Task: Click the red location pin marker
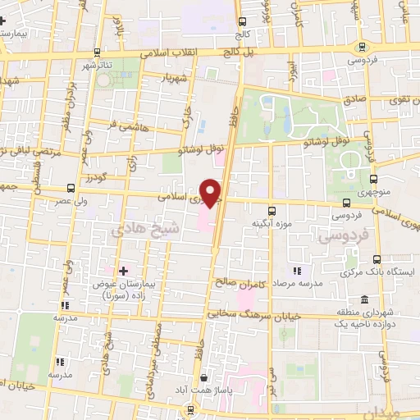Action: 212,194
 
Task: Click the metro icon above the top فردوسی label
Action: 362,47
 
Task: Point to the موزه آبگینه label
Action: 269,223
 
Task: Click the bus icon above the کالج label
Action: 242,23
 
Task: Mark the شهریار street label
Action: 176,77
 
